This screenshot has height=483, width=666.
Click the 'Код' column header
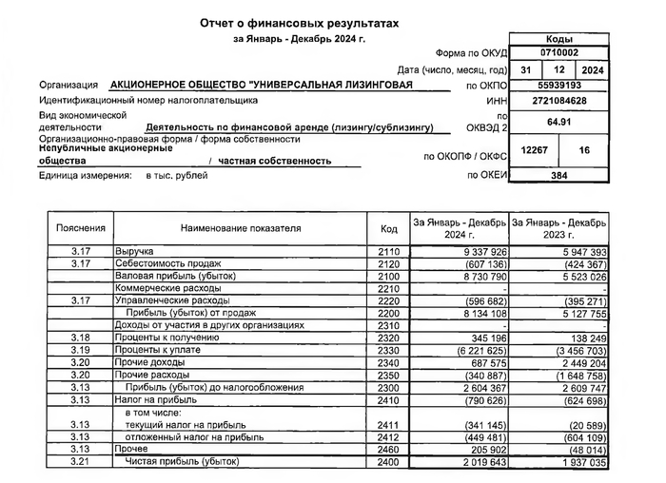[388, 228]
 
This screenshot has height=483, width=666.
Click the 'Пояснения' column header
[73, 228]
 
